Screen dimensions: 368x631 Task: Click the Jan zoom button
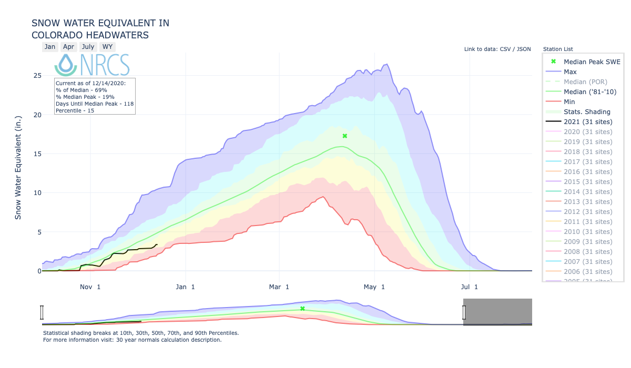tap(50, 47)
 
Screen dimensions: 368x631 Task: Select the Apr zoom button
tap(68, 47)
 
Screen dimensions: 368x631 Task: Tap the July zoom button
tap(88, 47)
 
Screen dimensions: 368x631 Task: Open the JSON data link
tap(524, 49)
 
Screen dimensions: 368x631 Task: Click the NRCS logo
tap(92, 65)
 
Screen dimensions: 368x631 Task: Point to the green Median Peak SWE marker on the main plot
tap(345, 136)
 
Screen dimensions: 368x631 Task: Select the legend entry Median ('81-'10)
tap(590, 92)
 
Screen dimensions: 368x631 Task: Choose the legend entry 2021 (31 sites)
tap(588, 122)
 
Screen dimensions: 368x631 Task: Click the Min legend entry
tap(569, 102)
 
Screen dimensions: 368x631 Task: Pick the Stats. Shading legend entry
tap(587, 112)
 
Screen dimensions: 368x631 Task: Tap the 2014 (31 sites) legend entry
tap(588, 192)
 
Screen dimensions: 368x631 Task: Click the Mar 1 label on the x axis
tap(279, 287)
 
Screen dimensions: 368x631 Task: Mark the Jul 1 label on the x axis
tap(469, 287)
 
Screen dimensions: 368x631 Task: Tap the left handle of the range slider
tap(42, 312)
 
